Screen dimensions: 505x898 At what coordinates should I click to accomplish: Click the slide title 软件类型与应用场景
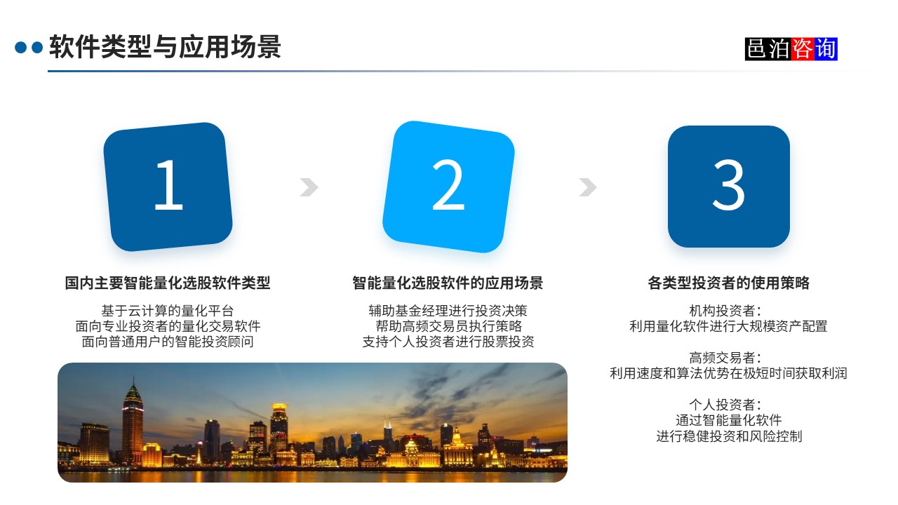165,47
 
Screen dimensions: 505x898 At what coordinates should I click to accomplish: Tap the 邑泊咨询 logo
791,49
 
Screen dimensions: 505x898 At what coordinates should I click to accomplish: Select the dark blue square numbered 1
168,187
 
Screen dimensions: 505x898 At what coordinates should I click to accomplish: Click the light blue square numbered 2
448,187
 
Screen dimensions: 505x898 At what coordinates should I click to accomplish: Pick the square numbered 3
728,187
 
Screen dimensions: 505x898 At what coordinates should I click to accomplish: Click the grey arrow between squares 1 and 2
309,187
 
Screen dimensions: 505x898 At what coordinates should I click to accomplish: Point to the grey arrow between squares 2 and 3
588,187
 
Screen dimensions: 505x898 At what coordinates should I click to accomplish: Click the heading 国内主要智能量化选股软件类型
168,283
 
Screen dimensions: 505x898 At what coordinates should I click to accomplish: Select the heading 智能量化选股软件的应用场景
448,283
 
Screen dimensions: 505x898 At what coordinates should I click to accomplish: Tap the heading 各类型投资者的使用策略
728,283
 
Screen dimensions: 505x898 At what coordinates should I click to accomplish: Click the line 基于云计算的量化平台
168,310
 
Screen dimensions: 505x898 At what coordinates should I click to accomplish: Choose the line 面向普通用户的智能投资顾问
168,342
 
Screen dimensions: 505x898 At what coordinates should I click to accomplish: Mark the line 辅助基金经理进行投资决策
448,310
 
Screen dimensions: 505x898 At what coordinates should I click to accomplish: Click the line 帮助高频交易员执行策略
448,326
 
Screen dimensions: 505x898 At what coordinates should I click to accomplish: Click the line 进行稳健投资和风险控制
728,436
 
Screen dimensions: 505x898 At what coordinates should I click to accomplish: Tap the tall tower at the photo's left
132,421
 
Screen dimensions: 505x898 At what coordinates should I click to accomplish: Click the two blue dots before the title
29,48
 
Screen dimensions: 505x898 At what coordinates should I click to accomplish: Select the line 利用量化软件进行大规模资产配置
728,326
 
